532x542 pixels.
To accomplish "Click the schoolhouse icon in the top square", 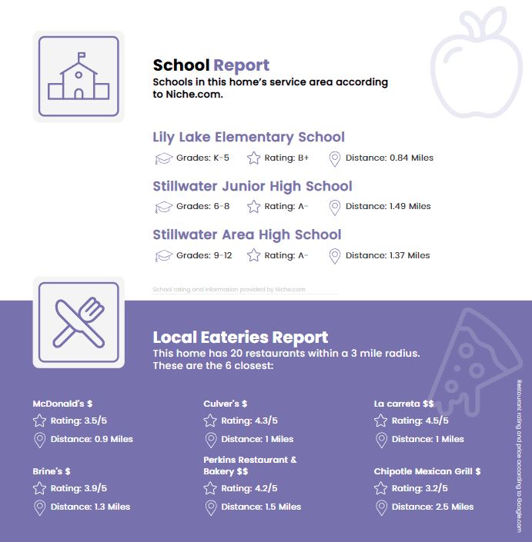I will [78, 77].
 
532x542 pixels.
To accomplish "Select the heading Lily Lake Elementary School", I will [248, 138].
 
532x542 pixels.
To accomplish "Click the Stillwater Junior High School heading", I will [252, 186].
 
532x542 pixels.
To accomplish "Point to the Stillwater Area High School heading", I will [246, 234].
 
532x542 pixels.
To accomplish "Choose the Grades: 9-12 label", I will [203, 255].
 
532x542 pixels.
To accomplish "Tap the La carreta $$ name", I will [403, 403].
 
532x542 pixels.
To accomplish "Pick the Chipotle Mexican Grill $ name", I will [427, 471].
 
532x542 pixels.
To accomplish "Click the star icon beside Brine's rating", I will [39, 488].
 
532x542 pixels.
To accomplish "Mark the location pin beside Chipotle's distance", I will [380, 507].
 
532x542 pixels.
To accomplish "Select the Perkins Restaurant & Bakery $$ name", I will [249, 465].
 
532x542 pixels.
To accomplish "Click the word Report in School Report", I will [241, 65].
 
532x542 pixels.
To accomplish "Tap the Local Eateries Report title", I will [240, 337].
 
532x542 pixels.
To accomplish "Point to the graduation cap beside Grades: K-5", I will [162, 158].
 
